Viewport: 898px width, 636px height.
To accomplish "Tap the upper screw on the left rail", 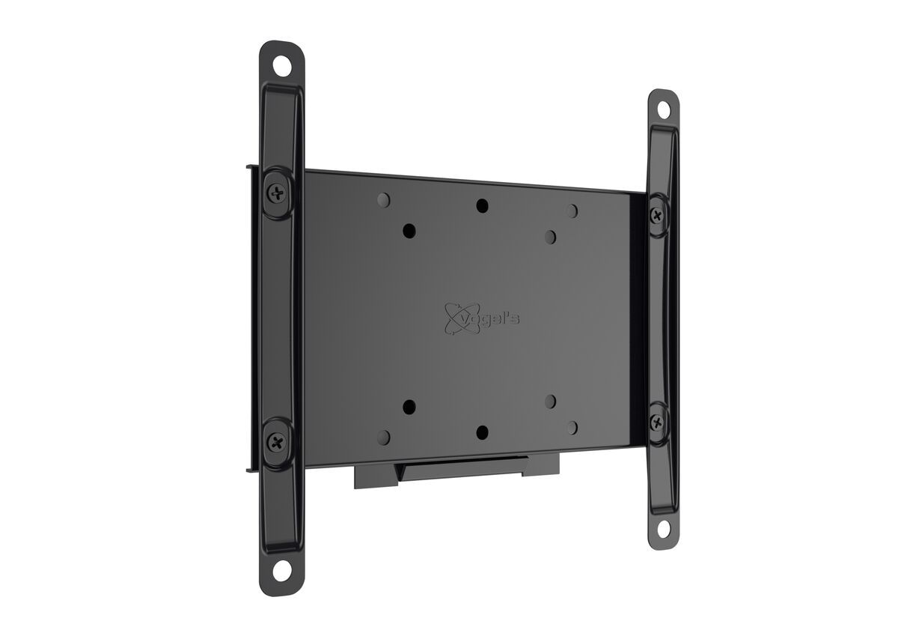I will click(278, 193).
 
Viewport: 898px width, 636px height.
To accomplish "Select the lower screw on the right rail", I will click(657, 421).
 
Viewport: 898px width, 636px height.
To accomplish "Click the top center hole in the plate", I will click(482, 205).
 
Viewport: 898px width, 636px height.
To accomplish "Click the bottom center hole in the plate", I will click(482, 432).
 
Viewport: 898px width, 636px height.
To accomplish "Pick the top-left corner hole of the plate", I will click(383, 200).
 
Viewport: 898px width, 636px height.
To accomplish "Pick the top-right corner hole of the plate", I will click(572, 211).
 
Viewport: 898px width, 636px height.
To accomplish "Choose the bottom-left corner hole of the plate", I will click(383, 437).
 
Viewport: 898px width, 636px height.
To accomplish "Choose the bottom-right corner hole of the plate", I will click(572, 428).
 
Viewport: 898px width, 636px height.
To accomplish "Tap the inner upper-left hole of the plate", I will click(409, 231).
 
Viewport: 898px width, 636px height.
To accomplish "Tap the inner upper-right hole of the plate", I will click(550, 237).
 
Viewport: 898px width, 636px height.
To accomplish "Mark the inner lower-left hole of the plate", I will click(409, 407).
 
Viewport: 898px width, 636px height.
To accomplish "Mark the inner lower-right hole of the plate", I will click(550, 402).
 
